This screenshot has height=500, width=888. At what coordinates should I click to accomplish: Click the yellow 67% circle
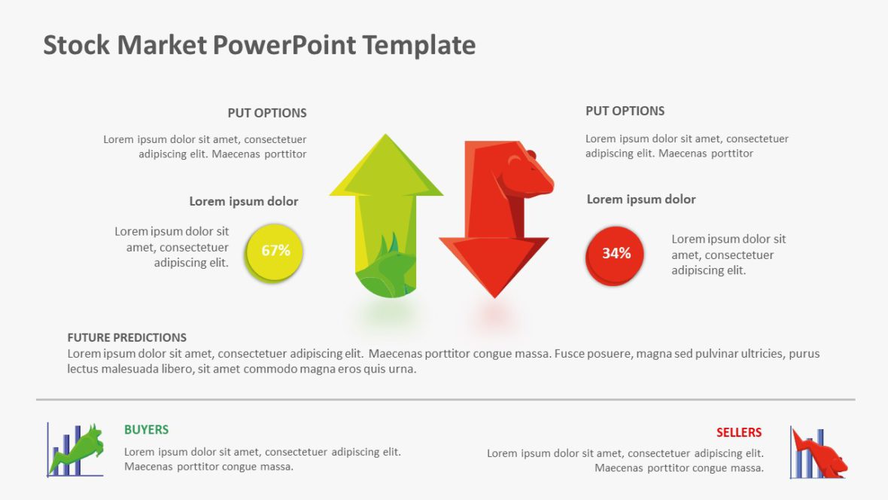(x=275, y=252)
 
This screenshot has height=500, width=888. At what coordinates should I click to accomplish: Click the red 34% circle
(x=616, y=255)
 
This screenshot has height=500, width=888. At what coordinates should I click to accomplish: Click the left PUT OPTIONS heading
(x=267, y=113)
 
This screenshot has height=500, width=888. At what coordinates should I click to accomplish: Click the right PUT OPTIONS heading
(x=625, y=111)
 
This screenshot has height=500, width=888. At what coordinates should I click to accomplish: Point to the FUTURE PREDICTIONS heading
(x=126, y=337)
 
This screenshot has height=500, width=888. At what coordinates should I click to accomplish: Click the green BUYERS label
(x=146, y=430)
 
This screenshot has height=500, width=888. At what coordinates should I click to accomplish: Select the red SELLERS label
(x=738, y=432)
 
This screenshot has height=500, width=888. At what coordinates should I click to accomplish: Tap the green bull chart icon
(x=75, y=450)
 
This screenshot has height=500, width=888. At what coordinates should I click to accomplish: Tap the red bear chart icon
(x=819, y=453)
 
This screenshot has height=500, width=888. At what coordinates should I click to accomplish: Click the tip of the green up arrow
(x=387, y=138)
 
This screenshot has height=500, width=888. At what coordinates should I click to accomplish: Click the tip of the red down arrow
(x=494, y=295)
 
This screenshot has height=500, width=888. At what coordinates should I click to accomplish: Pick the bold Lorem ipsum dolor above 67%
(x=243, y=202)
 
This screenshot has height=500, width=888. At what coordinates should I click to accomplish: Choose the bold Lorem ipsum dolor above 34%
(x=640, y=200)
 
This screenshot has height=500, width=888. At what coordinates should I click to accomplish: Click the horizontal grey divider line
(x=444, y=399)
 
